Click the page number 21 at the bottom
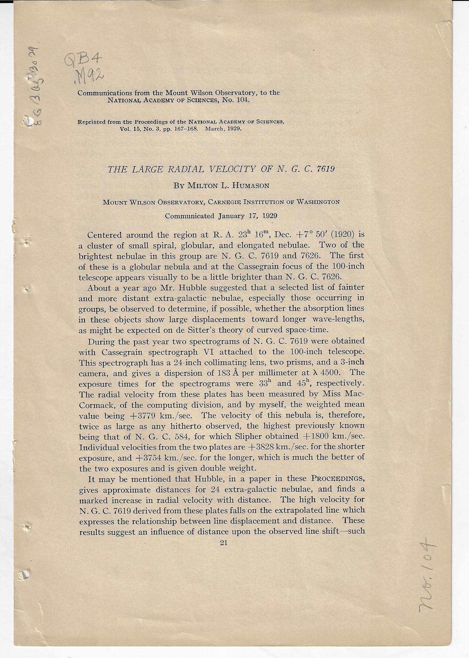224,543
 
